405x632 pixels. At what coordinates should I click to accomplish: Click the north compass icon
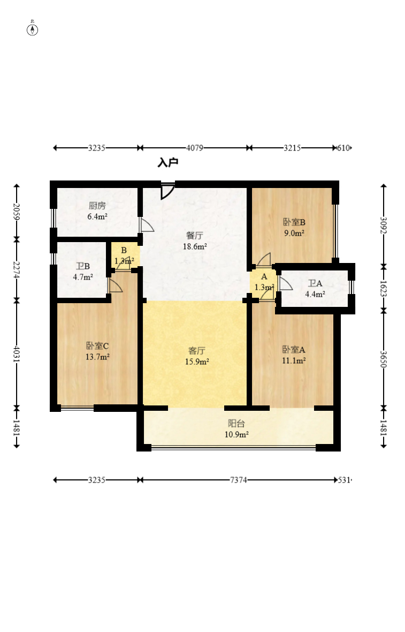pyautogui.click(x=32, y=29)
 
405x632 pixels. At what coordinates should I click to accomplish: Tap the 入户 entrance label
pyautogui.click(x=168, y=163)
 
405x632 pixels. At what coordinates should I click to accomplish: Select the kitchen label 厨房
pyautogui.click(x=97, y=206)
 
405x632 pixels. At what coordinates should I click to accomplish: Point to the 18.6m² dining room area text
pyautogui.click(x=195, y=247)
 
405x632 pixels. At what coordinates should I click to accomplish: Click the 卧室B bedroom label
pyautogui.click(x=294, y=222)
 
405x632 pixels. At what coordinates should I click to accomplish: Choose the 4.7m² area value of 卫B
pyautogui.click(x=83, y=277)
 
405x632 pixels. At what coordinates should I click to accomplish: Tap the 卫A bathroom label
pyautogui.click(x=315, y=283)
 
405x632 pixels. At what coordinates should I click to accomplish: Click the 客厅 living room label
pyautogui.click(x=196, y=351)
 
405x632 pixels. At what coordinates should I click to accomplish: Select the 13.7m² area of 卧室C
pyautogui.click(x=97, y=357)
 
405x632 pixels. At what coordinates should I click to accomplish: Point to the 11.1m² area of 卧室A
pyautogui.click(x=294, y=361)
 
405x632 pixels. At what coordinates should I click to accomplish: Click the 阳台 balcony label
pyautogui.click(x=236, y=424)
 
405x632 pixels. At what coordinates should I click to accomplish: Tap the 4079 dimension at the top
pyautogui.click(x=194, y=148)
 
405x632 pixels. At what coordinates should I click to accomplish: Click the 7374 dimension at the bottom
pyautogui.click(x=238, y=480)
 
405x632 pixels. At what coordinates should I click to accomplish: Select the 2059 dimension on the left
pyautogui.click(x=17, y=212)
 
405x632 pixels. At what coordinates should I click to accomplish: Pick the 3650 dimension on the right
pyautogui.click(x=384, y=359)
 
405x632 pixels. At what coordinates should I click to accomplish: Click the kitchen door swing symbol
pyautogui.click(x=146, y=224)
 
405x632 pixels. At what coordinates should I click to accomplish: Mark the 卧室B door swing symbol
pyautogui.click(x=264, y=259)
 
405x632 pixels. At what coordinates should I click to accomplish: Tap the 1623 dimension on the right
pyautogui.click(x=384, y=289)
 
